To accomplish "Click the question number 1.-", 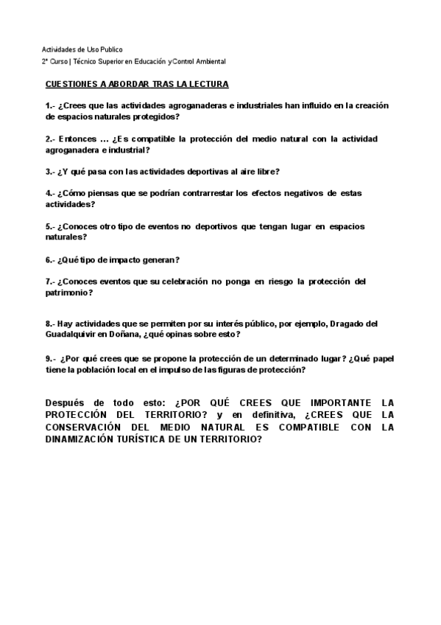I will point(50,105).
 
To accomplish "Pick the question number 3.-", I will point(50,172).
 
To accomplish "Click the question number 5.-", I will point(50,226).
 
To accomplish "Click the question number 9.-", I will point(50,358).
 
